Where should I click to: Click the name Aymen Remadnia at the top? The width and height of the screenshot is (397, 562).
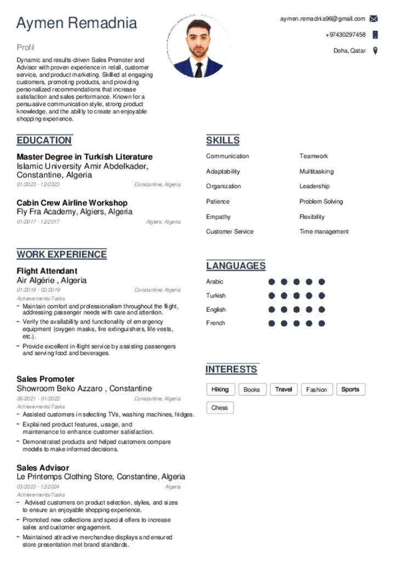click(x=77, y=23)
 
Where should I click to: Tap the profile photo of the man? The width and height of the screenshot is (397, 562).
click(x=198, y=47)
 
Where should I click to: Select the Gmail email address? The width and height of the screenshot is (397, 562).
click(x=322, y=19)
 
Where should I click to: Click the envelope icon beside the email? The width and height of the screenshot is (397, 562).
click(x=374, y=19)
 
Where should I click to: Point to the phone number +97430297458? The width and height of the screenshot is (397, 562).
click(x=345, y=35)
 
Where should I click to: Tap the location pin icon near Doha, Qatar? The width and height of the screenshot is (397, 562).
click(x=375, y=51)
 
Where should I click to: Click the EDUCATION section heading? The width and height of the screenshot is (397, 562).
click(x=44, y=140)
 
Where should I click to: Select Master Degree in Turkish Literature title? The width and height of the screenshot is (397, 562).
click(x=84, y=156)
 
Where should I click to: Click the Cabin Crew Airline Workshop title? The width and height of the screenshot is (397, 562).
click(x=72, y=203)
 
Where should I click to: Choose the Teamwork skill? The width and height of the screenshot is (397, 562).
click(x=314, y=156)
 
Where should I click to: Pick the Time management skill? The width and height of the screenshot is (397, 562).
click(x=324, y=232)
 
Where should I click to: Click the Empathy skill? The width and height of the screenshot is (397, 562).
click(x=218, y=217)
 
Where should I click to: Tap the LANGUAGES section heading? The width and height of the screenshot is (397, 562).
click(x=236, y=266)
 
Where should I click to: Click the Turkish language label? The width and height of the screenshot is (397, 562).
click(x=215, y=296)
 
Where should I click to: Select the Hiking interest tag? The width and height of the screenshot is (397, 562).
click(x=220, y=390)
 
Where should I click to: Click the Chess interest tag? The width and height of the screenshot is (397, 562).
click(x=220, y=408)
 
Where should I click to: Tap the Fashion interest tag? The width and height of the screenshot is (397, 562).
click(x=316, y=390)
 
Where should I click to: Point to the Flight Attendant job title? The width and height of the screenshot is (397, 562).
click(x=47, y=271)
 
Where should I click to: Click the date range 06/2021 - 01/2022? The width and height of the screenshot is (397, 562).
click(x=38, y=399)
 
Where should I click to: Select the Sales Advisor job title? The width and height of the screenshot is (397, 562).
click(x=43, y=468)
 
